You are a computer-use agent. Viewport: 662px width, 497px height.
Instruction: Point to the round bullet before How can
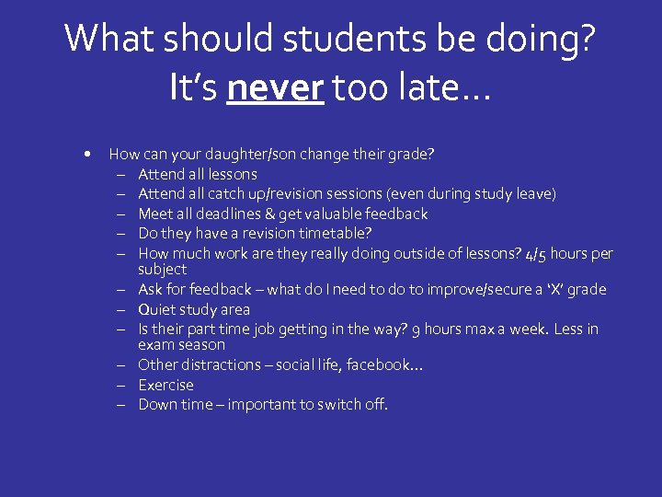coord(86,154)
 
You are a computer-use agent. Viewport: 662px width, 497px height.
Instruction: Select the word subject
coord(162,270)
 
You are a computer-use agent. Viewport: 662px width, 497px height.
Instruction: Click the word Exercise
coord(165,385)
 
